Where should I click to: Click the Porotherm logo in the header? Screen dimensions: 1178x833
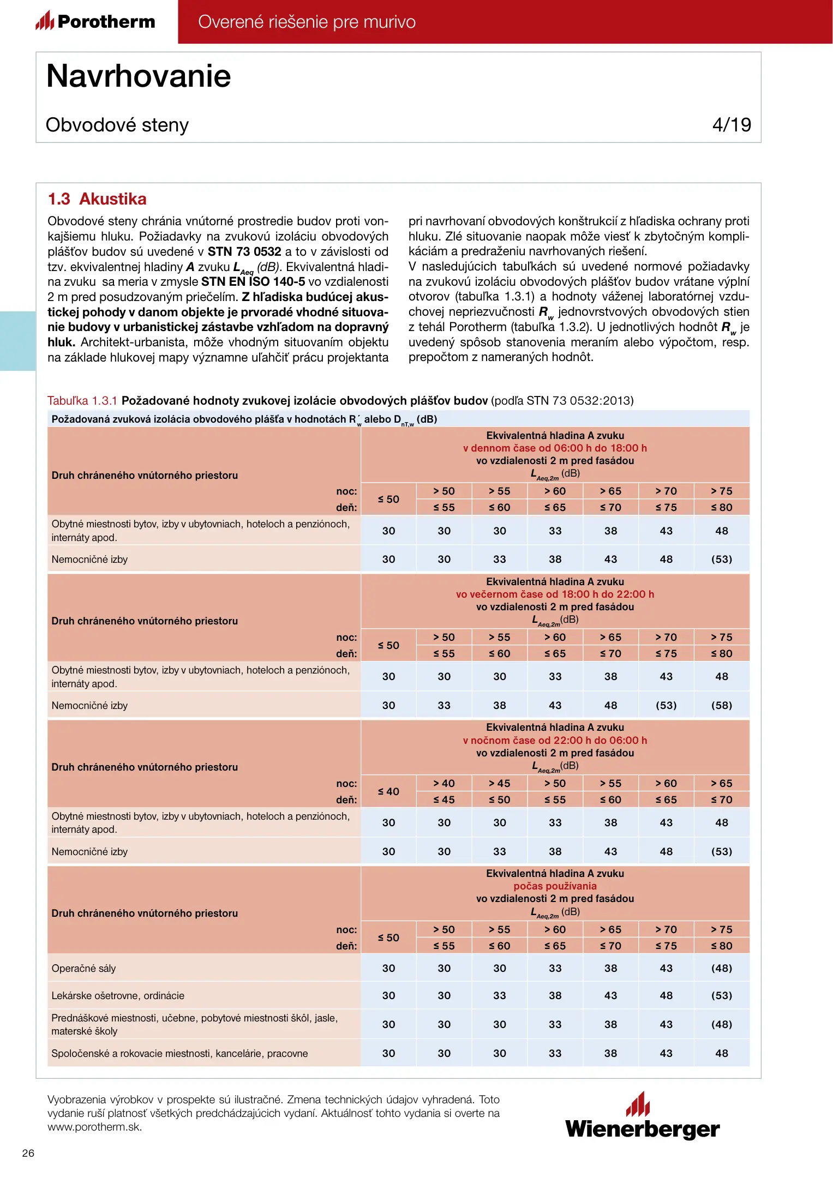(x=95, y=21)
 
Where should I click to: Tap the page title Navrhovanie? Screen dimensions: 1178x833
(x=139, y=76)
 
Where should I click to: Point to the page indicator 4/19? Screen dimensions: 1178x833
(x=731, y=125)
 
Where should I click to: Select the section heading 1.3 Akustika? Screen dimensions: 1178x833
(x=97, y=199)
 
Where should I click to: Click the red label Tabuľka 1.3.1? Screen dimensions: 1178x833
(x=82, y=401)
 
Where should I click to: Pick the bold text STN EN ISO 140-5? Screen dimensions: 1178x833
(x=253, y=282)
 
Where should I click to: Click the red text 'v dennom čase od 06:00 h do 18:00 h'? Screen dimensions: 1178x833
(x=555, y=448)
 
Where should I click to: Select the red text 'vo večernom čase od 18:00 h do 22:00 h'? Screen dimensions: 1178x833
(x=555, y=594)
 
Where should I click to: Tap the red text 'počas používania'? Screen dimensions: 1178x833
(x=555, y=886)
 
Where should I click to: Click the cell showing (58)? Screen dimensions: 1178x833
(x=721, y=706)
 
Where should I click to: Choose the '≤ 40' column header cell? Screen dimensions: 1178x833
(x=388, y=792)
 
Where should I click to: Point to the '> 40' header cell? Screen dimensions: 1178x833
(x=444, y=784)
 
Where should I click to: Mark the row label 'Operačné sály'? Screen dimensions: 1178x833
(x=83, y=969)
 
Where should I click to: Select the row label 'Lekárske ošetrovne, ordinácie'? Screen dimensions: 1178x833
(x=118, y=996)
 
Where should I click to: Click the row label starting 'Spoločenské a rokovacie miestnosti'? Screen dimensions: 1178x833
(x=179, y=1054)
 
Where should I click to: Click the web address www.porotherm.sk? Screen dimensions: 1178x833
(x=94, y=1127)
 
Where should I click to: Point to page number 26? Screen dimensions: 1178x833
(x=28, y=1153)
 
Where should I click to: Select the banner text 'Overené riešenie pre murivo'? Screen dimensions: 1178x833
(x=307, y=22)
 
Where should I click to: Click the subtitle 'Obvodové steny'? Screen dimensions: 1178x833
(x=117, y=125)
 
